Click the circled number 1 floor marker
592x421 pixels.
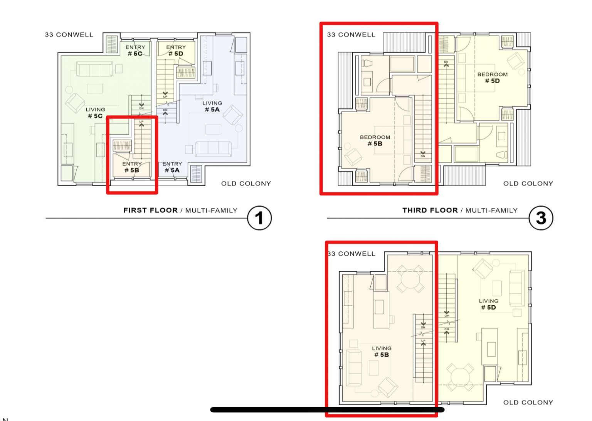[259, 218]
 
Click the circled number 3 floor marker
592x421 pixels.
[541, 218]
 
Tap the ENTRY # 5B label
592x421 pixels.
[132, 167]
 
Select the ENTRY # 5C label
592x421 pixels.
[135, 51]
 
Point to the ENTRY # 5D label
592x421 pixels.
[176, 51]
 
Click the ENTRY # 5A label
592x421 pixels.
[172, 167]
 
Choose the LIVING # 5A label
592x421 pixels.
[212, 106]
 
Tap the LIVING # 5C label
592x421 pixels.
[95, 113]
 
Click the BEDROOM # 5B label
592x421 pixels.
[375, 140]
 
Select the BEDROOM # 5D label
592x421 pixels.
[492, 77]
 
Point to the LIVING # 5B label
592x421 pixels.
[382, 352]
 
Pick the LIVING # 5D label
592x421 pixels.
[488, 304]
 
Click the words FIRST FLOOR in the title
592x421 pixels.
[150, 210]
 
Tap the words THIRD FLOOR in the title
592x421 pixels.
[430, 210]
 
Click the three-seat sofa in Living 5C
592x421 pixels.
[94, 69]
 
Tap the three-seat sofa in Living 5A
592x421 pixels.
[213, 148]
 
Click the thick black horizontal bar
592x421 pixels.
[327, 410]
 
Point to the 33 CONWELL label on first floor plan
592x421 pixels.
[69, 35]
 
